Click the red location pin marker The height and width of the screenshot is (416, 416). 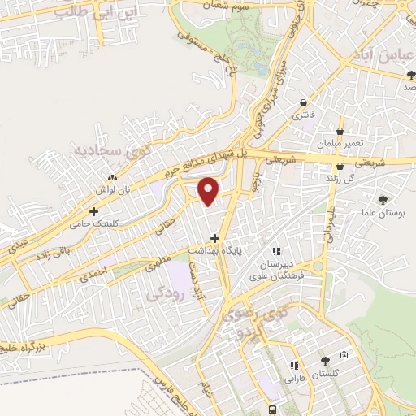pos(209,191)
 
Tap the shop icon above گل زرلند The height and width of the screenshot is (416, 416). pos(339,166)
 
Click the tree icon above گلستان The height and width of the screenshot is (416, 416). pos(326,361)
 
